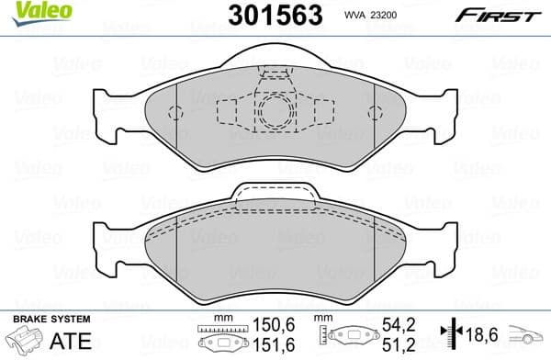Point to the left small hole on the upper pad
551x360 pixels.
pos(177,112)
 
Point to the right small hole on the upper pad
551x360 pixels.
pos(373,112)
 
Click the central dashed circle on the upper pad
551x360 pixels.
pos(275,114)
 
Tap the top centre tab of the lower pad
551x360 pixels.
pos(275,193)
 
